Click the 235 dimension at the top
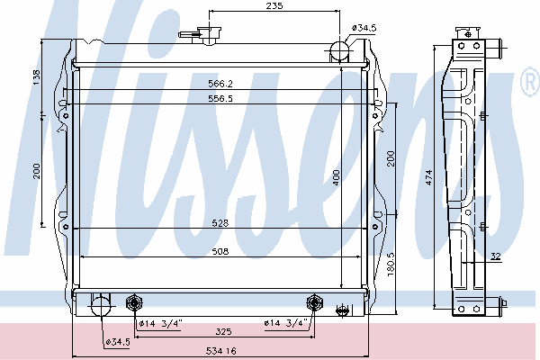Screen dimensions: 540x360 (x=274, y=6)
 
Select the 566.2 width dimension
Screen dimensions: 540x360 (x=220, y=84)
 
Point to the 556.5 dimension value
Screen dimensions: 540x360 (x=220, y=98)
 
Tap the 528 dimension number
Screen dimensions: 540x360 (x=220, y=223)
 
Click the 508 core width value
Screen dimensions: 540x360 (x=220, y=251)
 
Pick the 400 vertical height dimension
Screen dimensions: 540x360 (x=336, y=177)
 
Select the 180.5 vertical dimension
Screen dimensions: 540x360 (x=391, y=265)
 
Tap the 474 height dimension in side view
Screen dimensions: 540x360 (x=428, y=177)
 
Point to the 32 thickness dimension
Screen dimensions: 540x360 (x=495, y=256)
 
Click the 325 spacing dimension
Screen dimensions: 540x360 (x=223, y=332)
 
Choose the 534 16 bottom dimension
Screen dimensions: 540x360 (x=221, y=351)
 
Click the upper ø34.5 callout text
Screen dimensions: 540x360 (x=364, y=28)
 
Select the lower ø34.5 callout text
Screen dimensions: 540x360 (x=118, y=342)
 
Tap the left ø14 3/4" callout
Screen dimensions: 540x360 (x=160, y=323)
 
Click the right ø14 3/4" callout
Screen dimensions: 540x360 (x=285, y=323)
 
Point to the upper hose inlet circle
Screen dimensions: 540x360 (x=339, y=50)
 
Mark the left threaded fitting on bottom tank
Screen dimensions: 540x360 (x=134, y=302)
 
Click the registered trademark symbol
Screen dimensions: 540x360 (x=530, y=82)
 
